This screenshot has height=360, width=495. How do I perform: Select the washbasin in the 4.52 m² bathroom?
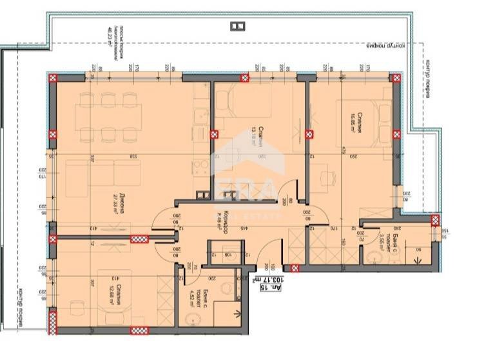tap(187, 323)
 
